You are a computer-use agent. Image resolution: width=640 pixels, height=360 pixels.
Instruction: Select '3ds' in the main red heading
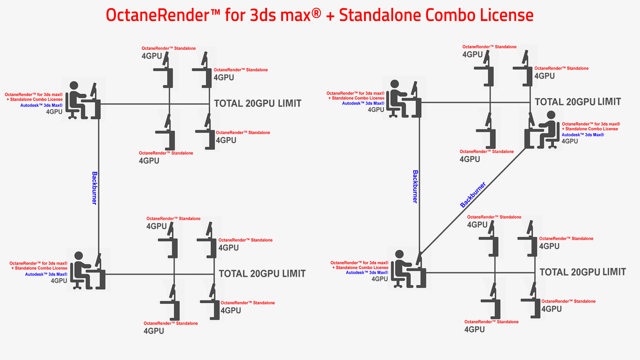(x=263, y=15)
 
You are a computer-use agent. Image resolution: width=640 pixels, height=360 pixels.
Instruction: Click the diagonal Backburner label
(x=473, y=195)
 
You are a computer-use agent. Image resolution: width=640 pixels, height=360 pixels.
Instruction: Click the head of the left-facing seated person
(x=551, y=115)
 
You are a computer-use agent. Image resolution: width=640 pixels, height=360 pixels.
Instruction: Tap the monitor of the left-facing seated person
(x=531, y=119)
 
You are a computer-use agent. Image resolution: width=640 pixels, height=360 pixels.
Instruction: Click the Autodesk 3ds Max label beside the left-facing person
(x=582, y=135)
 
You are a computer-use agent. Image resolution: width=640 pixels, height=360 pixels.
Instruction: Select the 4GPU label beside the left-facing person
(x=570, y=141)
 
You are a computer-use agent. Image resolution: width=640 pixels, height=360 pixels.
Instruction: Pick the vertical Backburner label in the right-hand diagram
(x=415, y=186)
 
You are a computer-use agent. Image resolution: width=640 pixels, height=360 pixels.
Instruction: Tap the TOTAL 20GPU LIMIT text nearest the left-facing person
(x=578, y=102)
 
